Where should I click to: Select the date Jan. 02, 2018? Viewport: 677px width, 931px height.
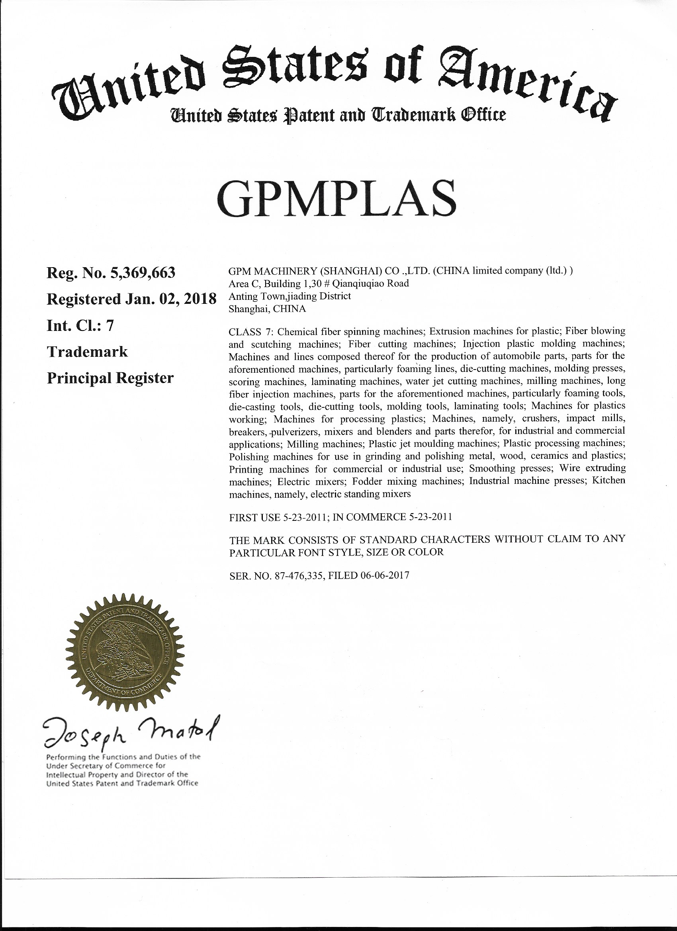[170, 299]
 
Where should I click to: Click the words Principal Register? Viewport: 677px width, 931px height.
[110, 378]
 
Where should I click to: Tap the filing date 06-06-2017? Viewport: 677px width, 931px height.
[385, 575]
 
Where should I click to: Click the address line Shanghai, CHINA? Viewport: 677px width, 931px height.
[267, 309]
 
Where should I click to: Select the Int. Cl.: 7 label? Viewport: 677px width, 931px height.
[80, 325]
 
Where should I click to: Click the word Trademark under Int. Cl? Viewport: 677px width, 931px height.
[88, 352]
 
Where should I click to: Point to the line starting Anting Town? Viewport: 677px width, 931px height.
[290, 296]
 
